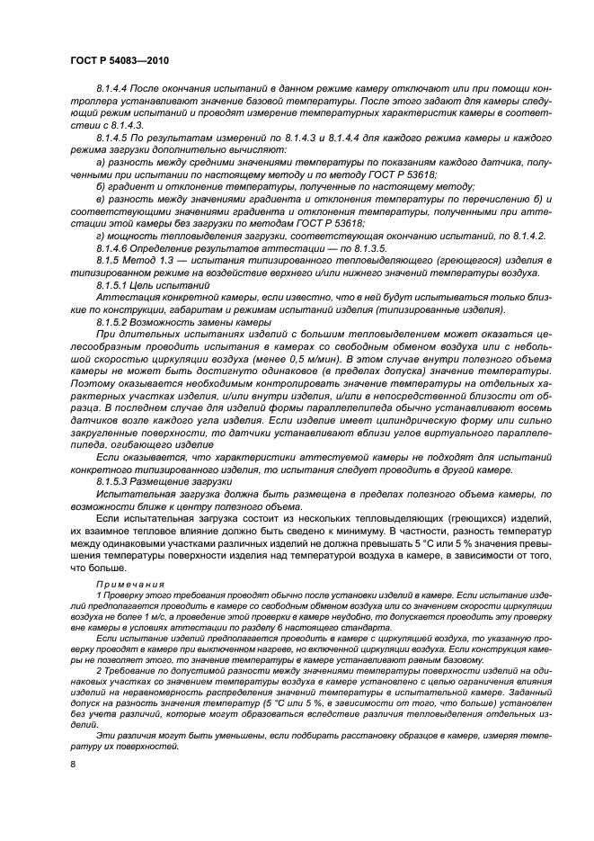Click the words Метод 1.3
[153, 259]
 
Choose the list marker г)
[100, 234]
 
